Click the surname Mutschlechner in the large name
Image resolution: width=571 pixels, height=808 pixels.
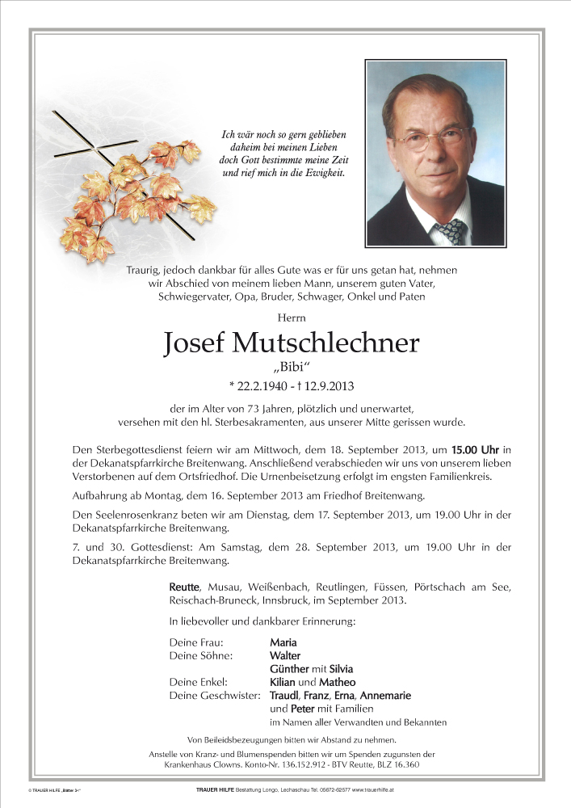[325, 344]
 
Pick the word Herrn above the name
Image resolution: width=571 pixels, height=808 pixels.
[286, 317]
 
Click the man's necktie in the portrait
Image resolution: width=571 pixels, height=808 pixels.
[450, 232]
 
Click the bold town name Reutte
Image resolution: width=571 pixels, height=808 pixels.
[185, 587]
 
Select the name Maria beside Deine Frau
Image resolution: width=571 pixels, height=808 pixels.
[283, 642]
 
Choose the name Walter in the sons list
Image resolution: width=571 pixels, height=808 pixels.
[284, 655]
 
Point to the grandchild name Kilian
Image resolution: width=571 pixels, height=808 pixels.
[284, 682]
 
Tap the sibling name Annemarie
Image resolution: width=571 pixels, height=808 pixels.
[385, 695]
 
